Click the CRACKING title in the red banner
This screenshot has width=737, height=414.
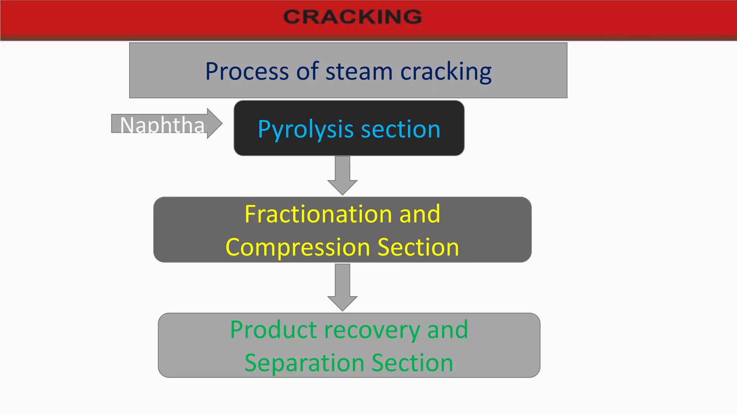(352, 17)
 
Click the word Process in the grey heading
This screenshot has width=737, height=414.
(247, 71)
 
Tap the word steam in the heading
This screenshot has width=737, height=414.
(359, 71)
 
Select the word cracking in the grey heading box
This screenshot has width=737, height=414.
(446, 71)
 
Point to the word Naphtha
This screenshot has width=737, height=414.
(162, 125)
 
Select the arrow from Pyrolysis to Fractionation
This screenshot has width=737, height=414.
(342, 175)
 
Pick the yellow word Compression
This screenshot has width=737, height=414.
(298, 247)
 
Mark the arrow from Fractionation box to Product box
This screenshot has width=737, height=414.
(342, 287)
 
